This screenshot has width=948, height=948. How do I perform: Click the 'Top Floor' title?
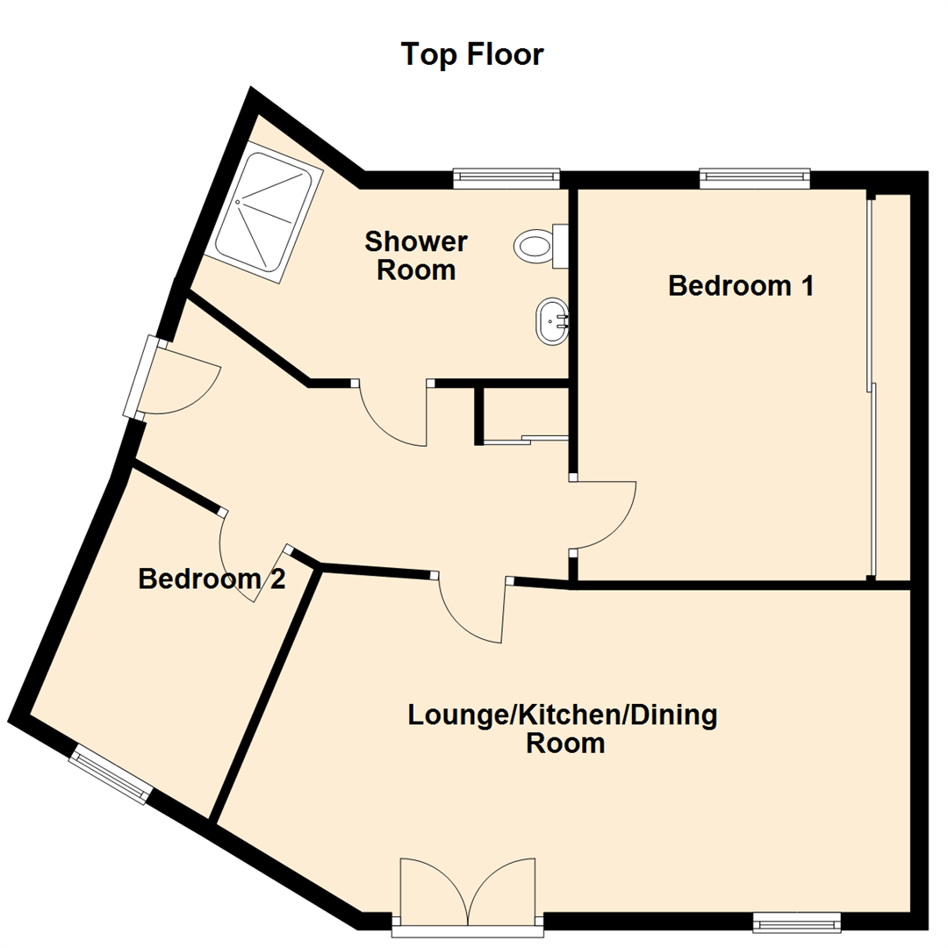coord(472,54)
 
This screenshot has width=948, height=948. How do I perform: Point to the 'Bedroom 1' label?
coord(742,286)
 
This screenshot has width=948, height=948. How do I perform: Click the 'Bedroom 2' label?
coord(212,579)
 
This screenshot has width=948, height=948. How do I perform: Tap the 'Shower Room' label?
coord(417,255)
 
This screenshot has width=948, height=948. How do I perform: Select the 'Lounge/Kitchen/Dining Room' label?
coord(564,729)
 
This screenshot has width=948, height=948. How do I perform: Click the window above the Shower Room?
coord(506,178)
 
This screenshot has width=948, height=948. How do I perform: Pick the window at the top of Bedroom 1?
coord(754,178)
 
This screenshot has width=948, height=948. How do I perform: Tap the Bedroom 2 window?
coord(111,773)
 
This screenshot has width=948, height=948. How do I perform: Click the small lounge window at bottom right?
coord(797,922)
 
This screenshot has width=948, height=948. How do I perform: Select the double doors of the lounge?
coord(467,891)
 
